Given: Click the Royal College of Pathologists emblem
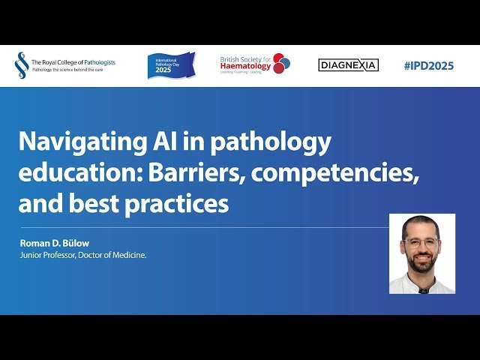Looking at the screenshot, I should point(22,65).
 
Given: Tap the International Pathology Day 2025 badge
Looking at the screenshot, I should point(171,65).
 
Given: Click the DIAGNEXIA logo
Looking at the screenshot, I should point(348,65).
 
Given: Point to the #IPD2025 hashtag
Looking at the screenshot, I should point(428,65).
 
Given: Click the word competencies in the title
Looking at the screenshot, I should point(334,173).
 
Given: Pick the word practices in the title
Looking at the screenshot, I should point(183,203).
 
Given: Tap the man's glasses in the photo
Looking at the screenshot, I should point(421,243).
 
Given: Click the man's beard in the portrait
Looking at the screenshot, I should point(421,262).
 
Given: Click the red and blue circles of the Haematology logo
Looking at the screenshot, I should point(281,64).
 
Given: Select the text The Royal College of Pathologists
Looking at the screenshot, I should point(73,62).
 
